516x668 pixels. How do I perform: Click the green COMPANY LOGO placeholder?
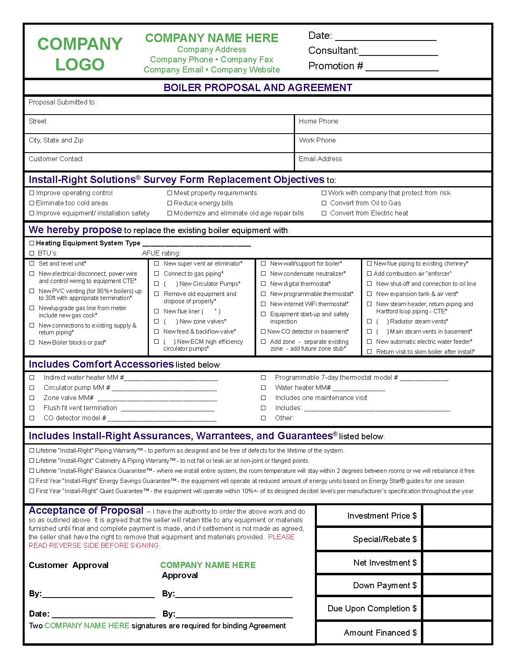click(80, 54)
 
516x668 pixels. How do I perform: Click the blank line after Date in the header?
click(386, 36)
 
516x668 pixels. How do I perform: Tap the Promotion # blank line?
click(402, 67)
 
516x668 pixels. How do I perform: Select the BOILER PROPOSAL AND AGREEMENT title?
click(258, 87)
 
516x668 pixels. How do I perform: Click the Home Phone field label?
click(319, 121)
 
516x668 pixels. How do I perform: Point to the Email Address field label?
click(320, 159)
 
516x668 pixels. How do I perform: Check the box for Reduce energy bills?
click(170, 203)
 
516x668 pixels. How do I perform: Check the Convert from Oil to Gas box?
click(324, 203)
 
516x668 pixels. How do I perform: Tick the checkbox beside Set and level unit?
click(32, 264)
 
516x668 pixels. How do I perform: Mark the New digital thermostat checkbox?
click(263, 284)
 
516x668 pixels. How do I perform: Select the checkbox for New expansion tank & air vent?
click(369, 294)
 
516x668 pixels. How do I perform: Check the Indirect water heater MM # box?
click(32, 377)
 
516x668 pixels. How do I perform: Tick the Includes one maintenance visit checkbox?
click(263, 398)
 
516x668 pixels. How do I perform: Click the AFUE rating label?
click(161, 253)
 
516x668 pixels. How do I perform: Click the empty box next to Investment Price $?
click(457, 515)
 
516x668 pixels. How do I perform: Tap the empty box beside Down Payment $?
click(457, 585)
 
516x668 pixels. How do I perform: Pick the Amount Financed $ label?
click(380, 633)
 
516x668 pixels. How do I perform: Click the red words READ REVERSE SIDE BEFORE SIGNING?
click(94, 545)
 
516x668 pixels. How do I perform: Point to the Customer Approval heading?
click(68, 565)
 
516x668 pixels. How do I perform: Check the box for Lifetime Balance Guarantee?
click(32, 471)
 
